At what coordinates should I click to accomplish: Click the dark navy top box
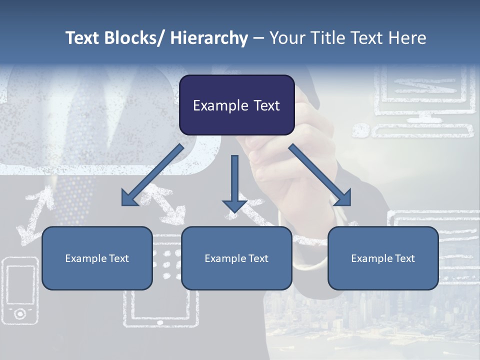click(x=236, y=105)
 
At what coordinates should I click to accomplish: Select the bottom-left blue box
click(x=97, y=258)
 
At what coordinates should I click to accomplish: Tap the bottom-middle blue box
click(x=236, y=258)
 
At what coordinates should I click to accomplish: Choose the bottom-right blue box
click(x=383, y=258)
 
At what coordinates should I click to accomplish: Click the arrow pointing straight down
click(x=234, y=183)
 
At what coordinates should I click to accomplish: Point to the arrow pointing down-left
click(x=152, y=175)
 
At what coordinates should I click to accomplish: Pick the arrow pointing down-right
click(x=320, y=175)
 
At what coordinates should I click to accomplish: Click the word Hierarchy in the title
click(x=209, y=38)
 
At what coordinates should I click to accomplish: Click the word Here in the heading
click(x=407, y=38)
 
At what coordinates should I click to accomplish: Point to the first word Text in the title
click(x=82, y=38)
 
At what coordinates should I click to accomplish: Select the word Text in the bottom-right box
click(x=403, y=258)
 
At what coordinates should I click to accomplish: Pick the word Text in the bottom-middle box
click(x=257, y=258)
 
